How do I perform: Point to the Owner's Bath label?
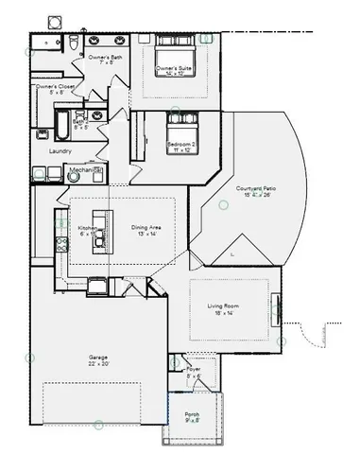106,58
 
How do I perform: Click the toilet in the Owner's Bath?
74,43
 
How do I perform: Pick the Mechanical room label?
86,170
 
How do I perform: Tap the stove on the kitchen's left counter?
62,244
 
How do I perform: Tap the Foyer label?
194,370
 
